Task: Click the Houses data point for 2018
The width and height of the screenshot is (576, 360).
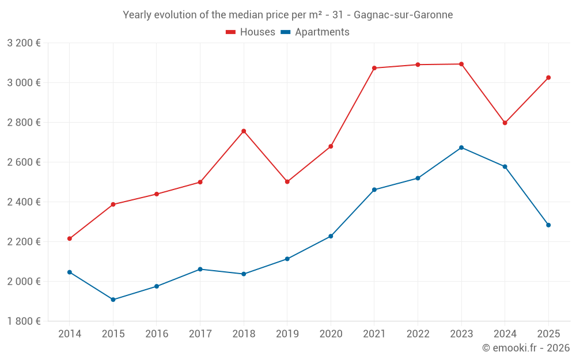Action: [244, 131]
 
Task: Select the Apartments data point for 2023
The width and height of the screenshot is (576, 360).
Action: [461, 147]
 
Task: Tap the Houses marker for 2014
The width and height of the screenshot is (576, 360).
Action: [70, 238]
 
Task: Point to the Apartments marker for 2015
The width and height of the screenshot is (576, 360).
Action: [113, 300]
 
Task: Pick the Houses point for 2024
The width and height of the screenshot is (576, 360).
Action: [505, 123]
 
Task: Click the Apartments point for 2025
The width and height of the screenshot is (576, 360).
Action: [548, 225]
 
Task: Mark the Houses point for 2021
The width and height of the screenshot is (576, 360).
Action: [374, 68]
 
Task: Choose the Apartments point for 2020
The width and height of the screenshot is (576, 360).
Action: [331, 236]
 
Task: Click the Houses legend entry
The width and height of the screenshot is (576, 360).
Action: [251, 32]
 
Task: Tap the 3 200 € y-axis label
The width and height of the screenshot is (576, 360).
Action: [24, 43]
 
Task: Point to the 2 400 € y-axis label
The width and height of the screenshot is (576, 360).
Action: [24, 202]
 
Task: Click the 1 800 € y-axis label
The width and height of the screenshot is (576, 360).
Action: [24, 321]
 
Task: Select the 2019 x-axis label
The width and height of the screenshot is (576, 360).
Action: [287, 334]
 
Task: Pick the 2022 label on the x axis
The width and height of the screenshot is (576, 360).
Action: [418, 334]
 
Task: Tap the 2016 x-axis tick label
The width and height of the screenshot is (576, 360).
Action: [157, 334]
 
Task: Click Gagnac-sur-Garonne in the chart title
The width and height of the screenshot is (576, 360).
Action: [403, 15]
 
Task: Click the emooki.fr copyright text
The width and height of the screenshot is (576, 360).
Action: [526, 348]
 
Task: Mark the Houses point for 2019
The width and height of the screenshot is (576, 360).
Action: [287, 181]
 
